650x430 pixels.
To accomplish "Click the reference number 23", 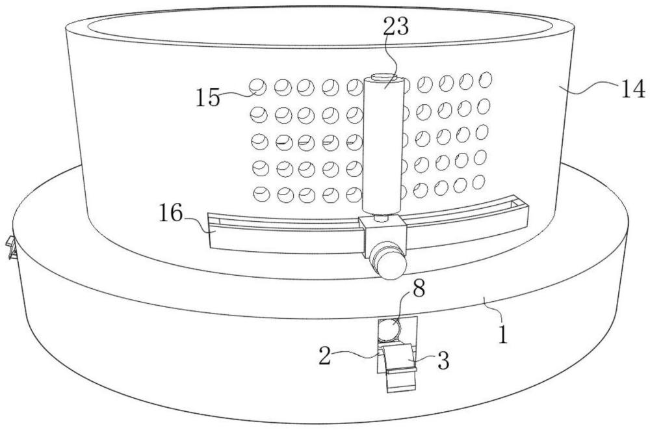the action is tap(395, 27).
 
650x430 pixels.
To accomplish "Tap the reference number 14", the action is tap(632, 89).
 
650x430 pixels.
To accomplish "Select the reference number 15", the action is tap(208, 98).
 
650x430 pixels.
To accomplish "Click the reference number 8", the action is tap(419, 288).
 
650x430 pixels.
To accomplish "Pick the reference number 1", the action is tap(503, 334).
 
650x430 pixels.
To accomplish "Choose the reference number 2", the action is tap(325, 356).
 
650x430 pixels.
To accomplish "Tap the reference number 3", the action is tap(443, 361).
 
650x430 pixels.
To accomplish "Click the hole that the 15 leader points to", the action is tap(258, 87).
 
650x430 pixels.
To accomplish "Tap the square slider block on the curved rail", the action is tap(383, 233).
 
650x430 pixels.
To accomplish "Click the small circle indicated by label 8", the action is tap(389, 330).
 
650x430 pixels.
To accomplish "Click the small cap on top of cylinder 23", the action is tap(383, 77).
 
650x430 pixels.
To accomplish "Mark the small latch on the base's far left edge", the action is tap(11, 248).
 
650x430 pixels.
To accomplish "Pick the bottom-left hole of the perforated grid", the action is tap(261, 194).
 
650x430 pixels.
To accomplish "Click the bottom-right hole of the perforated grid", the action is tap(479, 181).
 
